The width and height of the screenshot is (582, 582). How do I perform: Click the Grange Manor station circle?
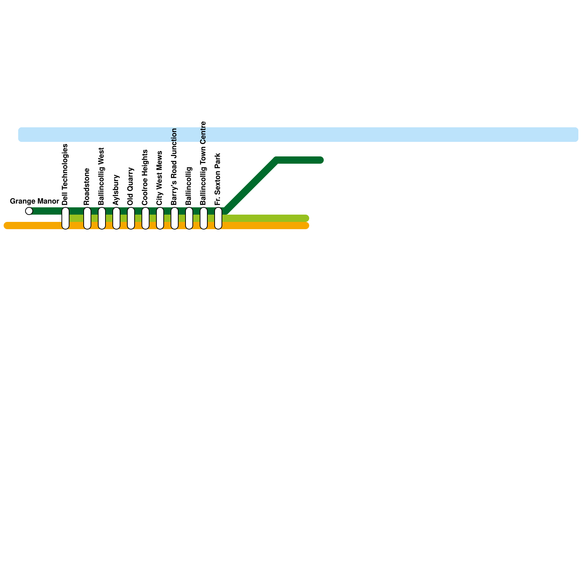click(29, 211)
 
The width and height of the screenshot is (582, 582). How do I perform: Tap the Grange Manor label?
click(35, 201)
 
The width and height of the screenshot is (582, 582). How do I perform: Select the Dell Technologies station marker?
click(65, 218)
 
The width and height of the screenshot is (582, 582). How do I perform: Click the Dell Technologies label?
click(65, 175)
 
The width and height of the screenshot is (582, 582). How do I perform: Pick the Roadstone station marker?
click(87, 218)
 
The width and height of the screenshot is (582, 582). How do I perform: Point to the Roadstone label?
click(87, 186)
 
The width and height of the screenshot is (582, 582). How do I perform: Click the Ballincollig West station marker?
click(102, 218)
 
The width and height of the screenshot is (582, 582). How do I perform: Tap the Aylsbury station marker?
click(116, 218)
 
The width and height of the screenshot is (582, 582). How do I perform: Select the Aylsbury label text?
click(116, 190)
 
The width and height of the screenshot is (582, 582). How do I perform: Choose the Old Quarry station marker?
click(131, 218)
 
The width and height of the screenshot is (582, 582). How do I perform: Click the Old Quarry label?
click(131, 186)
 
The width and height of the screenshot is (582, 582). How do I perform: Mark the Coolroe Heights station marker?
click(145, 218)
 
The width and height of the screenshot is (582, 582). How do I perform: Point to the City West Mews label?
click(160, 178)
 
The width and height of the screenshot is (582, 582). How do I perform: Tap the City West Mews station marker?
click(160, 218)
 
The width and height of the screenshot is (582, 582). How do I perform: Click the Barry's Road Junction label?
click(174, 167)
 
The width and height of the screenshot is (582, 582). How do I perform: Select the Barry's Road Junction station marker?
click(175, 218)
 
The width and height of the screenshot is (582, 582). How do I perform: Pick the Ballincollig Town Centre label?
click(203, 163)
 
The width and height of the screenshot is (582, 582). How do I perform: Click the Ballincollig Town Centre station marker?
click(204, 218)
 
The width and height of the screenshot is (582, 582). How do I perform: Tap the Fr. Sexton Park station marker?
click(218, 218)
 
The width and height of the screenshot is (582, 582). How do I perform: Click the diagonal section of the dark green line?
click(251, 186)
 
